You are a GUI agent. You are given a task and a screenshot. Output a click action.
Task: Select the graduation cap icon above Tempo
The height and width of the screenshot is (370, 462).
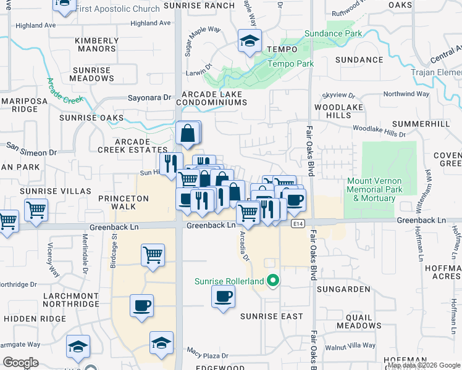click(x=250, y=41)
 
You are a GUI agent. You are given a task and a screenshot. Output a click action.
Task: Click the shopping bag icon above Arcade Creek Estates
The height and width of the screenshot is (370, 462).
click(x=188, y=133)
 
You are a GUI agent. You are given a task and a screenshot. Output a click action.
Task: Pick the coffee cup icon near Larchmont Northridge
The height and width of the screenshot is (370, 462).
click(x=142, y=306)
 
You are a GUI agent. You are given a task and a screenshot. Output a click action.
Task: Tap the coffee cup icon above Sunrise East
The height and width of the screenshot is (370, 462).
click(x=223, y=296)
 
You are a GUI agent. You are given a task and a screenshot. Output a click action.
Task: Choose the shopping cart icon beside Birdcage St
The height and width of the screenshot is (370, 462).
click(x=153, y=253)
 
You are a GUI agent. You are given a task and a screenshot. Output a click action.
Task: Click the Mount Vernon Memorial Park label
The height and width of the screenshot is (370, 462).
click(x=375, y=190)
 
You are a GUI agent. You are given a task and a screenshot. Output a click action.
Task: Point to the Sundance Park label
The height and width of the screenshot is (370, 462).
click(x=336, y=33)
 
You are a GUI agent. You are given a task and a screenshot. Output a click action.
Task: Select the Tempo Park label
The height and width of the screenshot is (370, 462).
click(x=290, y=64)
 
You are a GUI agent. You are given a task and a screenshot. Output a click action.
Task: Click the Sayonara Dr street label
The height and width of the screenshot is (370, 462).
click(x=149, y=97)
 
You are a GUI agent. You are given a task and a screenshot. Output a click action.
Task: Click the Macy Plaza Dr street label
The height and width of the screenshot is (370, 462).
click(x=208, y=356)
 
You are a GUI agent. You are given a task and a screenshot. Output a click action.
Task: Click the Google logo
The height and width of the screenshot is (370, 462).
click(x=20, y=363)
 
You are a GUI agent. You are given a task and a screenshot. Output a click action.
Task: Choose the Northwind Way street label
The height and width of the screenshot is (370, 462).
click(x=406, y=94)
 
